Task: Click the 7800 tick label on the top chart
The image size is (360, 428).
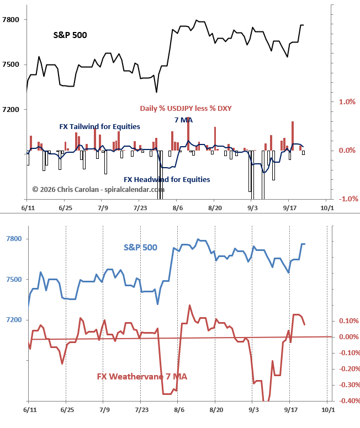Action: coord(10,20)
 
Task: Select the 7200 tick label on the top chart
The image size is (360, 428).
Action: coord(10,110)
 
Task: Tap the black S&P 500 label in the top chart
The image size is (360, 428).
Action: coord(70,35)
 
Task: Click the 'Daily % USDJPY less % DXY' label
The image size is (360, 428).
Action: coord(186,108)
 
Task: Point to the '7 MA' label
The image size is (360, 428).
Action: coord(183,120)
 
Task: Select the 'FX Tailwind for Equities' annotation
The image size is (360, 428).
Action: coord(99,127)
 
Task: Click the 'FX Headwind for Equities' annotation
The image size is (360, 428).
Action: coord(167,180)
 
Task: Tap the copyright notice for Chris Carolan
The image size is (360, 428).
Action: coord(98,189)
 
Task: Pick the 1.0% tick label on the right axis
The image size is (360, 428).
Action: coord(347,102)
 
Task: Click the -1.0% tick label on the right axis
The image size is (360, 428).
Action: coord(348,199)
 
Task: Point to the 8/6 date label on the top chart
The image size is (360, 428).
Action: coord(178,208)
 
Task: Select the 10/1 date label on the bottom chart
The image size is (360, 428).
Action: coord(328,410)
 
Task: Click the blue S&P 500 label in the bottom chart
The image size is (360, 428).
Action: coord(140,247)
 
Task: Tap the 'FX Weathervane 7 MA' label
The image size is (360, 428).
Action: coord(142,377)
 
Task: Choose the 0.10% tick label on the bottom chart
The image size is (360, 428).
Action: coord(349,321)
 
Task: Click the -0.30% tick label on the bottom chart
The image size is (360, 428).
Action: coord(350,385)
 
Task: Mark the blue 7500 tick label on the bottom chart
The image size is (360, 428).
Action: coord(14,280)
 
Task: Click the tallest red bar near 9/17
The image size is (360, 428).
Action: coord(293,136)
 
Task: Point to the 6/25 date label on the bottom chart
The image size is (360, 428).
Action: coord(67,410)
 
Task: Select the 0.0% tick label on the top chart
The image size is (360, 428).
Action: coord(347,151)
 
